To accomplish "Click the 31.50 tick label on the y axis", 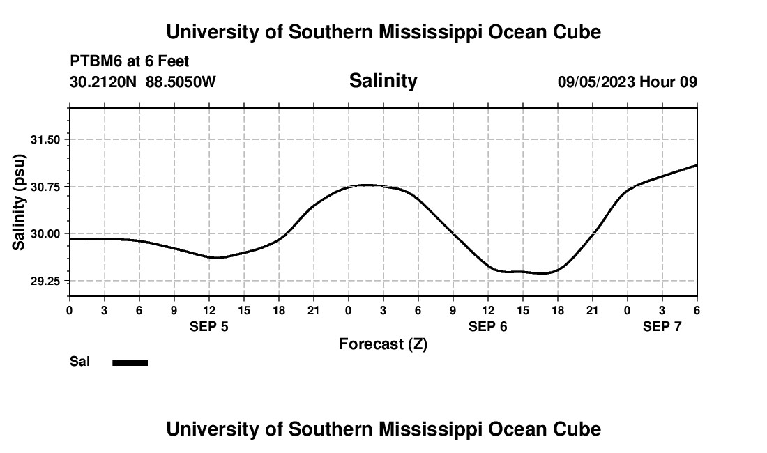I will point(47,139).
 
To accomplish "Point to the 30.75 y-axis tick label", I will point(47,187).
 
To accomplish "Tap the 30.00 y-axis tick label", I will point(47,233).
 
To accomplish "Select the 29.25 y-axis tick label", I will point(47,281).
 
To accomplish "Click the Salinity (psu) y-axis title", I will point(20,204).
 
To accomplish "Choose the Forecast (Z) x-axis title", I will point(383,344).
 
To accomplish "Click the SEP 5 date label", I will point(209,326).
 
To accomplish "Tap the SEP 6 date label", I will point(488,326).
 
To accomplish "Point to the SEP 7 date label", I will point(662,326).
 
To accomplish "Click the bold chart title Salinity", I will point(383,81).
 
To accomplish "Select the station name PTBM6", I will point(94,62).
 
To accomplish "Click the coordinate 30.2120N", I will point(104,82).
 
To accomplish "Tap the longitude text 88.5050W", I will point(181,82).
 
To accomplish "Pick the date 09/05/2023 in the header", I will point(596,82).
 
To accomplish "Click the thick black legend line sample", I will point(130,362).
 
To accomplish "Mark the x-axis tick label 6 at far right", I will point(697,310).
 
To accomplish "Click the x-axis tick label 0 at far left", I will point(70,310).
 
